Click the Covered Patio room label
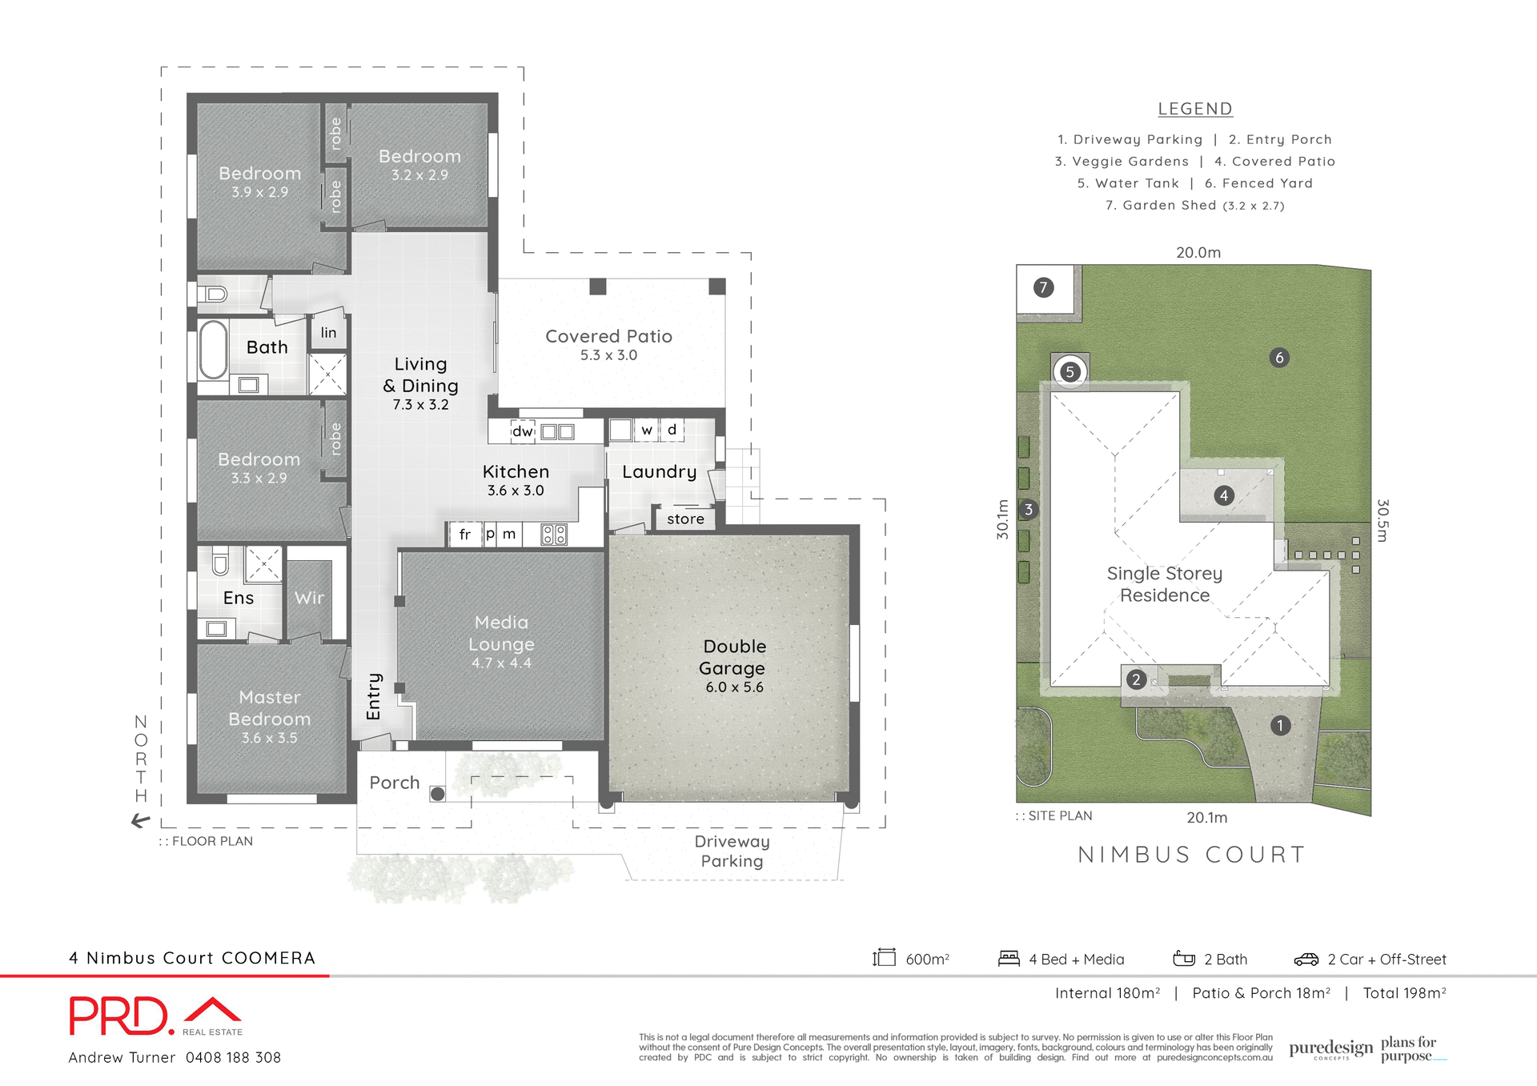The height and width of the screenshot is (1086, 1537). point(608,336)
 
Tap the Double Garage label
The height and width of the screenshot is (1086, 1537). point(733,657)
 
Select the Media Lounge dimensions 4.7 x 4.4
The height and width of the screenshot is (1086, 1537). point(501,663)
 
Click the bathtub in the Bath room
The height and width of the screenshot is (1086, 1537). point(214,350)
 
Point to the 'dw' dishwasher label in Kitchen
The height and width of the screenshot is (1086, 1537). point(523,431)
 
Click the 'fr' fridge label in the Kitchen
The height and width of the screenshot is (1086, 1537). point(465,535)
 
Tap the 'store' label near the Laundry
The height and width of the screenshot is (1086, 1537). point(685,519)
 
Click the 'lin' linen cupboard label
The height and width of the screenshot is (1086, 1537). point(328,333)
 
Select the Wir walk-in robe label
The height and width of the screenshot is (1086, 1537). point(309,598)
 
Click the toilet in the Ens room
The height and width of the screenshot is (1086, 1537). point(220,563)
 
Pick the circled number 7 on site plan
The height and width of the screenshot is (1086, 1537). point(1043,287)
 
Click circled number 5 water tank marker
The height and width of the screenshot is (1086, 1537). point(1070,371)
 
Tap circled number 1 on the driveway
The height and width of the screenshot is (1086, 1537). point(1280,726)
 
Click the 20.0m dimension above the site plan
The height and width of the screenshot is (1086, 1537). point(1198,253)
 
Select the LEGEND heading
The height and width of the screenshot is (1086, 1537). point(1195,109)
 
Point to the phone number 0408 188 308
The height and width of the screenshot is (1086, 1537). point(233,1058)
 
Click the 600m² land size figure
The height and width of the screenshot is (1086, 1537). point(927,960)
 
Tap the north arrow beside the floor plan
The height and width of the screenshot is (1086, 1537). point(141,820)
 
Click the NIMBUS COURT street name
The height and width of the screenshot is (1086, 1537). point(1191,855)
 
